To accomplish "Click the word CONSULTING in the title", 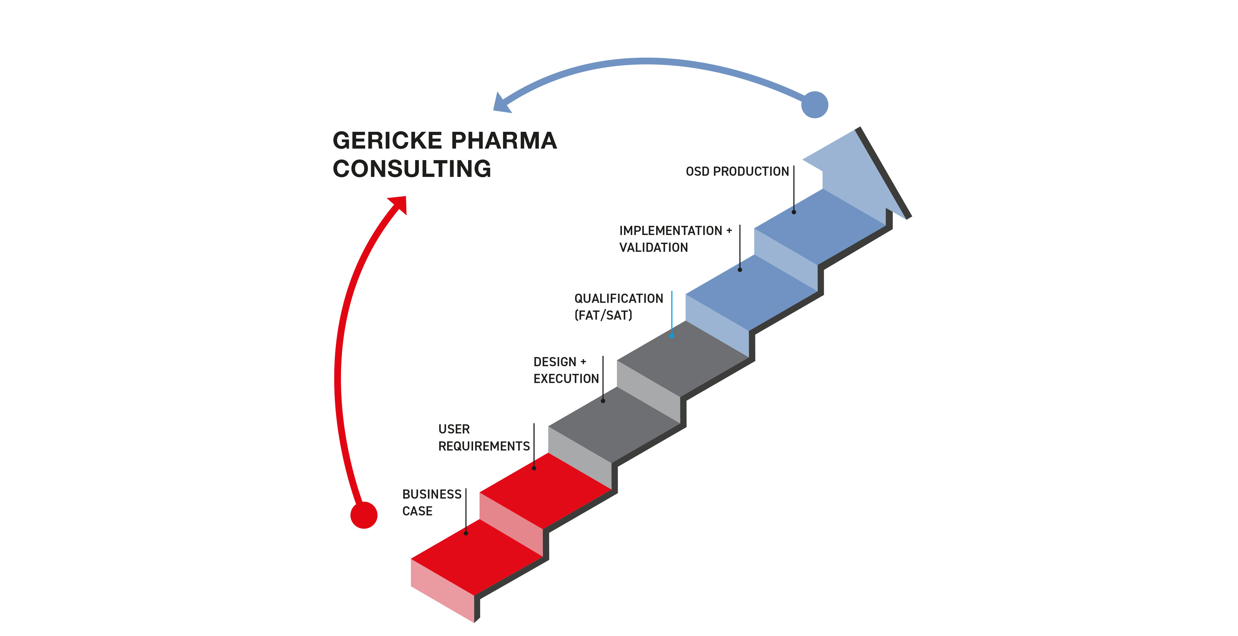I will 412,169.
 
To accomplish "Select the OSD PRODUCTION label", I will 737,172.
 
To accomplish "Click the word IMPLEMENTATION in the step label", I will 670,231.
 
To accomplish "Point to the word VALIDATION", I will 653,248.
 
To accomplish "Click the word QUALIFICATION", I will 618,298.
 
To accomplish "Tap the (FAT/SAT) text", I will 603,315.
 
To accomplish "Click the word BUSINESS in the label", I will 432,494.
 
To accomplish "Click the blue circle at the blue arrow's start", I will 815,105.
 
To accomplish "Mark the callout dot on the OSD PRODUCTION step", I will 793,212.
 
